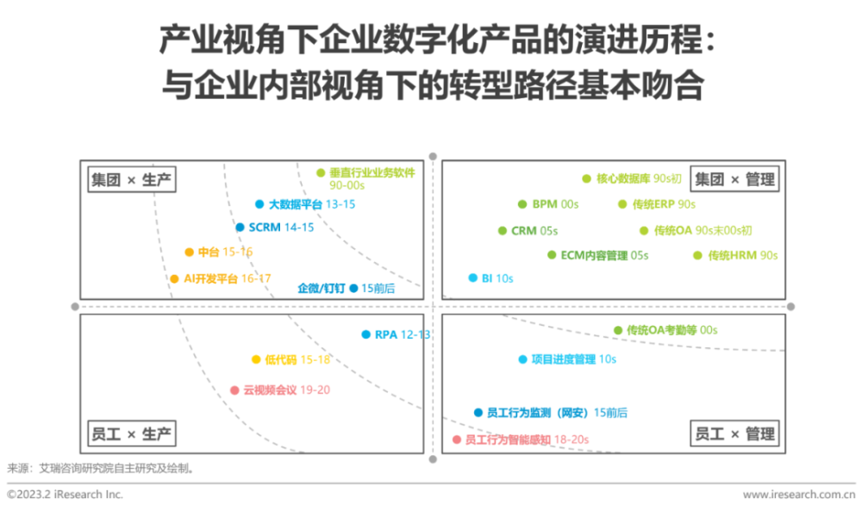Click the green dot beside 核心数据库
click(586, 178)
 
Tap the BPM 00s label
click(555, 204)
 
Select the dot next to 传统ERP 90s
click(622, 204)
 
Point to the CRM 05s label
click(534, 231)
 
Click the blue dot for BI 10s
click(472, 278)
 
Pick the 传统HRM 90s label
click(743, 255)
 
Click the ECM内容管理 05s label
click(605, 255)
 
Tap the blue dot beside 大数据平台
click(259, 204)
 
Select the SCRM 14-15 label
click(281, 227)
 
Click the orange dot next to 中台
click(189, 252)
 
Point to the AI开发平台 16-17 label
click(227, 278)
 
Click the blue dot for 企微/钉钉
click(353, 288)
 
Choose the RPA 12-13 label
click(403, 334)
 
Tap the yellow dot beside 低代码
click(256, 360)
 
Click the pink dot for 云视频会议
click(234, 390)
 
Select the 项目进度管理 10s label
click(574, 359)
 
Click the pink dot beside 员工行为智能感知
click(456, 439)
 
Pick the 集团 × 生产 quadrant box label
click(131, 180)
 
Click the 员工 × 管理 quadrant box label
click(734, 434)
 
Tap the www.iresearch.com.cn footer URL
click(799, 495)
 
